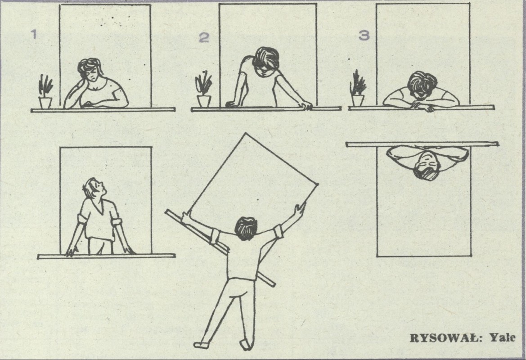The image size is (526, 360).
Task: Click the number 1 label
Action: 34,34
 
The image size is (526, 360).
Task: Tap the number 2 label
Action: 204,38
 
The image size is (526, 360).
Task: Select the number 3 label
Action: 364,35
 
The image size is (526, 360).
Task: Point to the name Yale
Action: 503,337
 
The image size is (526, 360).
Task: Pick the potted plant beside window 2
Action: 204,89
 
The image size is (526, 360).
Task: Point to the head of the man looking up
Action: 94,188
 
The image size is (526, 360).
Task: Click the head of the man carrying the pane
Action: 246,229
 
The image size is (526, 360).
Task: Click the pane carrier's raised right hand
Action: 300,209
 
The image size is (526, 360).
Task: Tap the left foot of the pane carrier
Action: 201,344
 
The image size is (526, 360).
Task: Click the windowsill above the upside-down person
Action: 422,144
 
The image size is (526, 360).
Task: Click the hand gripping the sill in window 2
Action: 307,106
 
